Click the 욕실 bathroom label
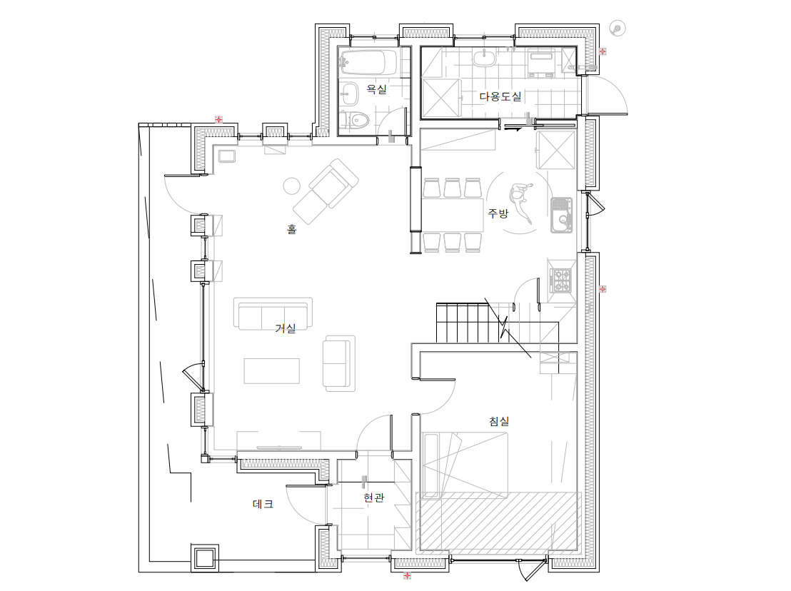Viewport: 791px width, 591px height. tap(376, 90)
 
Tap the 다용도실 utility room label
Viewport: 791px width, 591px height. tap(500, 96)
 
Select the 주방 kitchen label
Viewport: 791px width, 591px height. tap(498, 213)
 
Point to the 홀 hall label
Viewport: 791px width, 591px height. tap(291, 229)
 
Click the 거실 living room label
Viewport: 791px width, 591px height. tap(285, 328)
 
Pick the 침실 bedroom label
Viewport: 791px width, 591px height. tap(499, 421)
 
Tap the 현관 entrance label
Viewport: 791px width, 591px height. tap(374, 497)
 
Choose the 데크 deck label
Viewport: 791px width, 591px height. tap(263, 504)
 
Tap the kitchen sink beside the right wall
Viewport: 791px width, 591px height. tap(561, 215)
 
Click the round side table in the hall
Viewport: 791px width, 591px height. tap(291, 186)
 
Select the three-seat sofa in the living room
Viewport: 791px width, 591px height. tap(273, 313)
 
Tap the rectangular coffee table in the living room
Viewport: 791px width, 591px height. tap(272, 370)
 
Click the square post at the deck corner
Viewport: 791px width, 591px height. tap(205, 557)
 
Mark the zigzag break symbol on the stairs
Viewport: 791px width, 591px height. tap(505, 327)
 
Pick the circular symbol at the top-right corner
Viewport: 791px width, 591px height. tap(618, 29)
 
